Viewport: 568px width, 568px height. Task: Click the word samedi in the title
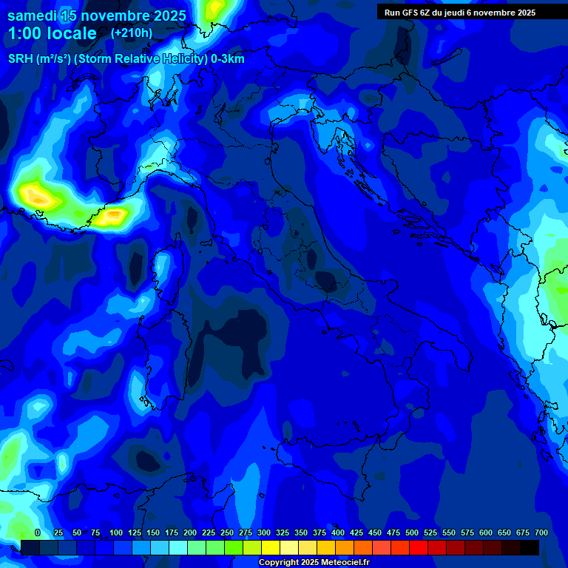(34, 16)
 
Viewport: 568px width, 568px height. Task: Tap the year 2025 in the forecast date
(163, 16)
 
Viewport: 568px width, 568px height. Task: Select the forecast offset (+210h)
(131, 33)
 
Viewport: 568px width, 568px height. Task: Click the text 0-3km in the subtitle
(228, 59)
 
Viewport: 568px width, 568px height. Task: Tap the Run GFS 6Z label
(408, 13)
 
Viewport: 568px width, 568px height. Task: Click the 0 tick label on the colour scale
(38, 533)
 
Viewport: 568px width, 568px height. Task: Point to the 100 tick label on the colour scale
(116, 533)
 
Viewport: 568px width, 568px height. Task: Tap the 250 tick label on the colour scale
(227, 533)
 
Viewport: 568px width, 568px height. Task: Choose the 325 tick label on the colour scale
(283, 533)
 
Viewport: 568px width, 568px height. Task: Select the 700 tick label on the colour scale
(541, 533)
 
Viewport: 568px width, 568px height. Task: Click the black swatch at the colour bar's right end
(530, 547)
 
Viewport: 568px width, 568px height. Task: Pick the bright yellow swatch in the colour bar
(271, 547)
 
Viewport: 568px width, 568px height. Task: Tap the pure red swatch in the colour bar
(419, 547)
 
